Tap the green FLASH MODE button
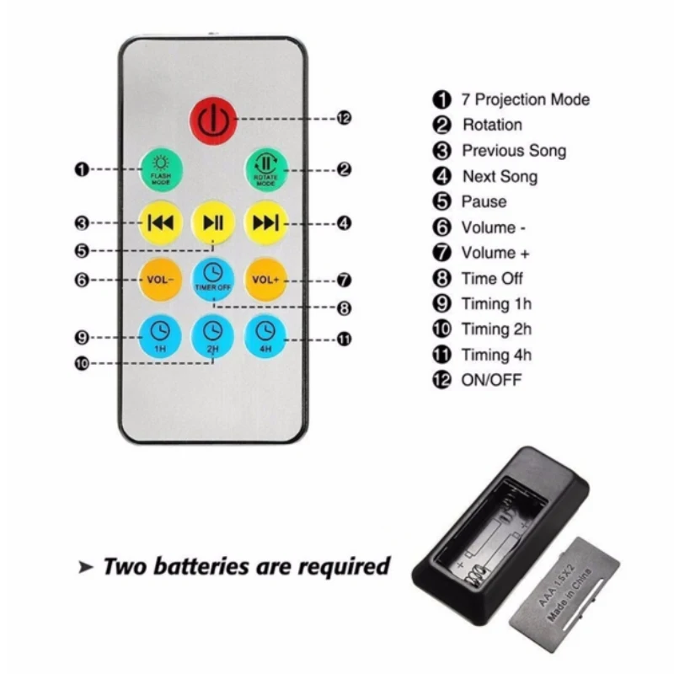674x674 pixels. pos(160,168)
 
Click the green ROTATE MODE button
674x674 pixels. pos(265,168)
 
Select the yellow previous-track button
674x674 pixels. pos(160,222)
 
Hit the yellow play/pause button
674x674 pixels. pos(212,222)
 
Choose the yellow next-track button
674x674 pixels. pos(265,222)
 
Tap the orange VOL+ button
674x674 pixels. pos(265,279)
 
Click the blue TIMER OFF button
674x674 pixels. pos(212,277)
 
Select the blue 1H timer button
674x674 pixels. pos(160,334)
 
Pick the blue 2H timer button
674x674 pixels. pos(212,334)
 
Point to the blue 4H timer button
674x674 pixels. pos(265,334)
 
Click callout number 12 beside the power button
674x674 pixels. pos(343,119)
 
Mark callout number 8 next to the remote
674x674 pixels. pos(343,308)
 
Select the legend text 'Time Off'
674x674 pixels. pos(492,278)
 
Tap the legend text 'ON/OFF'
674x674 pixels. pos(491,380)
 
